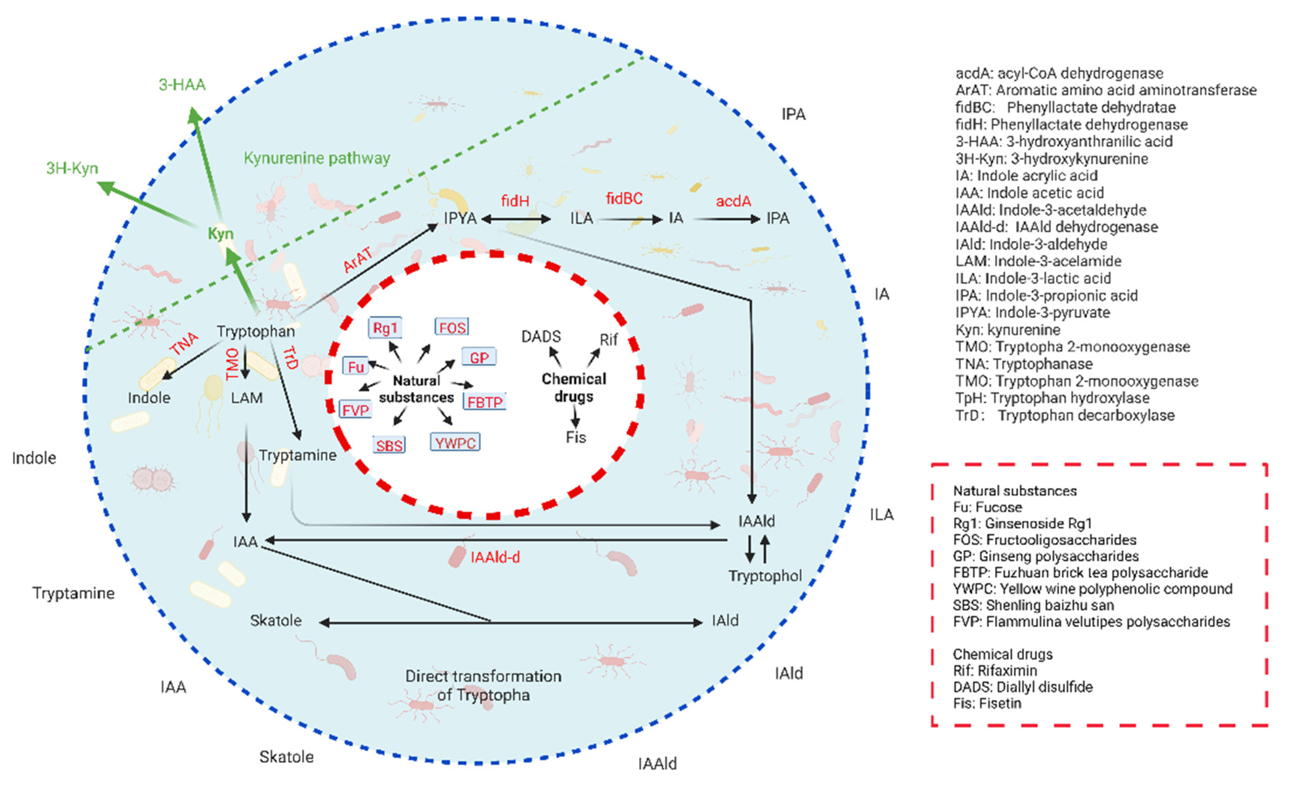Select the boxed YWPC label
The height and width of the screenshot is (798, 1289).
(x=455, y=442)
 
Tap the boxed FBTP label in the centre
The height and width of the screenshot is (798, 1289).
(x=484, y=402)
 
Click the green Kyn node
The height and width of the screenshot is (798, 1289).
(x=220, y=234)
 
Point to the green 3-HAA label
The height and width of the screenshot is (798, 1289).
(x=182, y=85)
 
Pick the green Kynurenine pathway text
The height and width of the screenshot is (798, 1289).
(x=317, y=158)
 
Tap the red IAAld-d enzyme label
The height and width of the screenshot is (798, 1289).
(x=495, y=557)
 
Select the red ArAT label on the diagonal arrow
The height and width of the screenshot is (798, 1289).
(x=357, y=259)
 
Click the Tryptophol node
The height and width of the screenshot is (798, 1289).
(x=765, y=575)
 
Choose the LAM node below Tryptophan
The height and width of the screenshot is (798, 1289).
(x=247, y=397)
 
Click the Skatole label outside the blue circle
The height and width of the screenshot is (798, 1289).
(x=286, y=757)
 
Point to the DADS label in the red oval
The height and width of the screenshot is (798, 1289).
(x=540, y=336)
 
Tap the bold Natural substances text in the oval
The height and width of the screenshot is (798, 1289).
(x=416, y=389)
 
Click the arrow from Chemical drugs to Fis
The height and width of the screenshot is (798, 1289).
(x=575, y=417)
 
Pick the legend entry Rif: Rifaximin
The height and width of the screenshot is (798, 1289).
(x=995, y=670)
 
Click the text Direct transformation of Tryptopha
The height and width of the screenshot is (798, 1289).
(x=483, y=685)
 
